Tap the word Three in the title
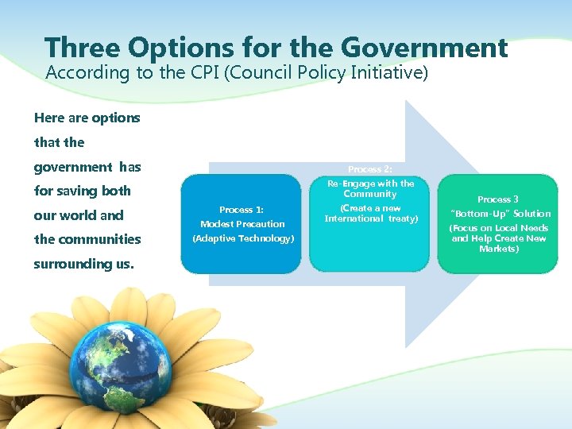(84, 48)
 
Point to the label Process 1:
(242, 210)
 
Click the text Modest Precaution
(242, 224)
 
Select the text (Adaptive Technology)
(243, 238)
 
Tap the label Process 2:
(370, 169)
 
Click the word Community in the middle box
(370, 194)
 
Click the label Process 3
(498, 199)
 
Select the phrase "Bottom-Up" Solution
(500, 214)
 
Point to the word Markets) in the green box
(499, 249)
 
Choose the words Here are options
(87, 118)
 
